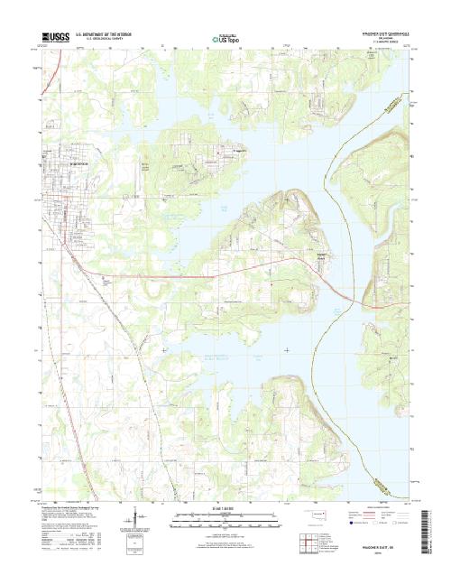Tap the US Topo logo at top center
coord(225,39)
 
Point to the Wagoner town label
coord(80,163)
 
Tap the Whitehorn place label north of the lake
coord(237,150)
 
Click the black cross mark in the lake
coord(287,348)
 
